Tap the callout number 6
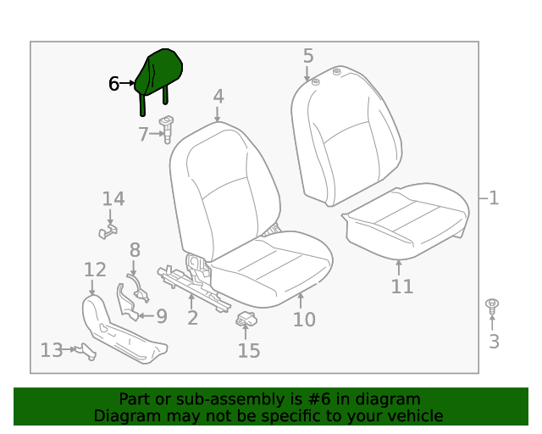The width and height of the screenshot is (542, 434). [114, 84]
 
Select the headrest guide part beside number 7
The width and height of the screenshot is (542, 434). [166, 128]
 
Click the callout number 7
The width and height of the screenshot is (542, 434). [144, 134]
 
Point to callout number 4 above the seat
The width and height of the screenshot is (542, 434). [218, 97]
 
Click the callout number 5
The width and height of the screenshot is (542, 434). [308, 56]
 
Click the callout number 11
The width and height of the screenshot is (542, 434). [402, 287]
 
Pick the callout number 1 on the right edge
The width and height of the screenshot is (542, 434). [494, 198]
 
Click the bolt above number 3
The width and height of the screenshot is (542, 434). [491, 304]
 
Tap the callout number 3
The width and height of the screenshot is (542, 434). [494, 342]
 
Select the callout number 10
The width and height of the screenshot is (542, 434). [304, 320]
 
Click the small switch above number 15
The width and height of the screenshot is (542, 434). [246, 320]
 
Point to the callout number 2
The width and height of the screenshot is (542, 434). [193, 318]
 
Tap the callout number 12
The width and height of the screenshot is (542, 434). [95, 270]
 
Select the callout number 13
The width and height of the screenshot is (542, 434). [51, 350]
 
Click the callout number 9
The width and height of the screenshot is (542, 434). [161, 316]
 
